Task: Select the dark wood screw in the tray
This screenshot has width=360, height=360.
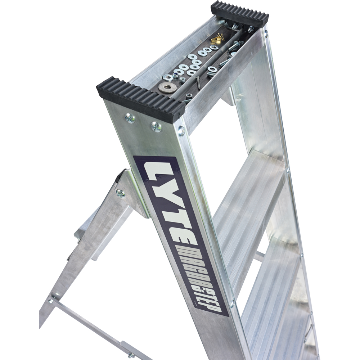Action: (x=198, y=82)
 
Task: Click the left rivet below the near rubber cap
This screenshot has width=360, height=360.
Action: (x=130, y=117)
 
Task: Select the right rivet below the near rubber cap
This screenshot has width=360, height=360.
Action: (x=156, y=126)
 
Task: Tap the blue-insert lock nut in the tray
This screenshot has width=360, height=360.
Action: (x=179, y=73)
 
